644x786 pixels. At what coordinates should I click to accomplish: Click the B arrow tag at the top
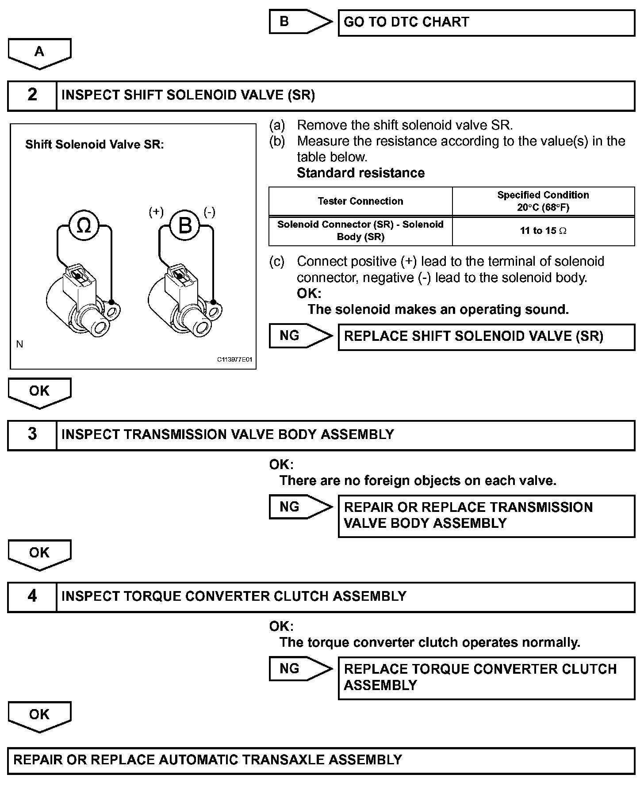click(299, 22)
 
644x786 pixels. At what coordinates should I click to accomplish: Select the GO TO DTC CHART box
click(486, 23)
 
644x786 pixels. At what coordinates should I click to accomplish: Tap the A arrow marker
click(39, 53)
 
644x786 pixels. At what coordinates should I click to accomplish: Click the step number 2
click(32, 95)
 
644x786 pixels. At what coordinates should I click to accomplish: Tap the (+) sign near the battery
click(156, 213)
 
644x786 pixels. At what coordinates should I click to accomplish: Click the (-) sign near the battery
click(209, 213)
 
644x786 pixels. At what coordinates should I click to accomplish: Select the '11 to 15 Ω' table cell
click(543, 231)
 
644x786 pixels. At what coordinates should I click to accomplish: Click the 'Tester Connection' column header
click(360, 202)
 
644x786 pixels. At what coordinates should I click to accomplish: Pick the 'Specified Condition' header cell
click(543, 201)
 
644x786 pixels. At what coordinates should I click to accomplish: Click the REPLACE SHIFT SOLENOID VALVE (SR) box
click(486, 337)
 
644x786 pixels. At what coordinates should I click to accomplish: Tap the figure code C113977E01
click(234, 360)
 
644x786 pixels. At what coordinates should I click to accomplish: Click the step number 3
click(32, 434)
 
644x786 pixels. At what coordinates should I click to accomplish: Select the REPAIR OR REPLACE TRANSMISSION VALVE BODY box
click(486, 516)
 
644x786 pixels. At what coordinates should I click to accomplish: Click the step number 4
click(32, 596)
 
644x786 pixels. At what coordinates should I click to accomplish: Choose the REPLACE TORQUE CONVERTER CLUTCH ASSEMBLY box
click(486, 678)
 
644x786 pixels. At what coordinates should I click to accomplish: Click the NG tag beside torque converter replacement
click(299, 669)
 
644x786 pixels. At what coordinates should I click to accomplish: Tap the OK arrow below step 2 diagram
click(39, 392)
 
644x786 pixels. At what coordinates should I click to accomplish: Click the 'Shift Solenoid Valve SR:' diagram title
click(95, 145)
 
